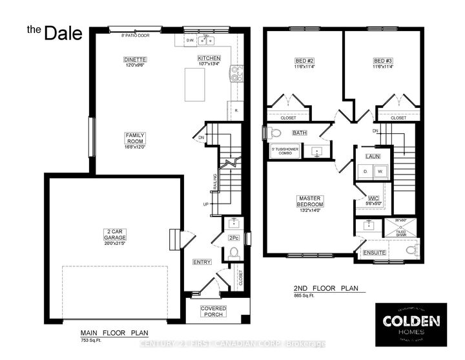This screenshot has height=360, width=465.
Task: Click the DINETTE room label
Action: [x=136, y=59]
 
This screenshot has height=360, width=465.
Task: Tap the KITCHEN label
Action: [x=209, y=58]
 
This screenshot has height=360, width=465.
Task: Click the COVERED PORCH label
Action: [x=213, y=312]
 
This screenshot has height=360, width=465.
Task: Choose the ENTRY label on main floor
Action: [x=202, y=262]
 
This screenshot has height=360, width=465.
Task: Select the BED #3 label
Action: [x=382, y=61]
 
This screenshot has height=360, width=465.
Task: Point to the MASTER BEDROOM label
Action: [x=310, y=201]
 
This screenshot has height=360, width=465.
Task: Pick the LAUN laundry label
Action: [x=372, y=156]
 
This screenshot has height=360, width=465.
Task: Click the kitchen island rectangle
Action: [x=195, y=84]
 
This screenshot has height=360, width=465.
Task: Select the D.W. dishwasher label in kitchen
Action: [x=191, y=40]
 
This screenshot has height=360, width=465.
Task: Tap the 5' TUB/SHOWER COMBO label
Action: [x=284, y=151]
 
